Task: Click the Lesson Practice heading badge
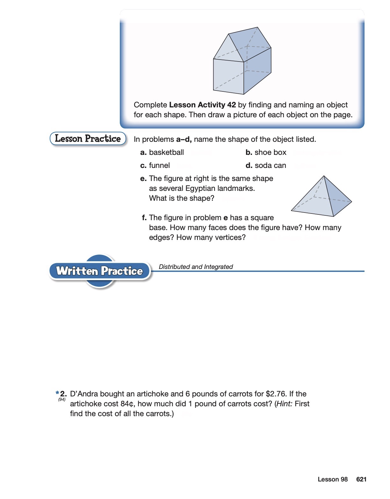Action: pyautogui.click(x=88, y=139)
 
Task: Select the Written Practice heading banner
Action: pyautogui.click(x=99, y=271)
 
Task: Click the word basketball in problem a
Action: pyautogui.click(x=166, y=152)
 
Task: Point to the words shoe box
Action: pyautogui.click(x=270, y=152)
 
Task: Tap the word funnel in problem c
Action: pyautogui.click(x=159, y=165)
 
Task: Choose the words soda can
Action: pyautogui.click(x=270, y=165)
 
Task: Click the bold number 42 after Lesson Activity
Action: pyautogui.click(x=232, y=105)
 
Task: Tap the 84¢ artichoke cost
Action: pyautogui.click(x=127, y=404)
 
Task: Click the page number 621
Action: pyautogui.click(x=361, y=479)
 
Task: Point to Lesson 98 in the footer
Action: pyautogui.click(x=333, y=479)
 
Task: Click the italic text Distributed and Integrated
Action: pyautogui.click(x=196, y=267)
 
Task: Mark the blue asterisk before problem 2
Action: pyautogui.click(x=57, y=393)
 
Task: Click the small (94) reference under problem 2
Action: pyautogui.click(x=62, y=400)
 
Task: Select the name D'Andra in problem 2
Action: pyautogui.click(x=84, y=394)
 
